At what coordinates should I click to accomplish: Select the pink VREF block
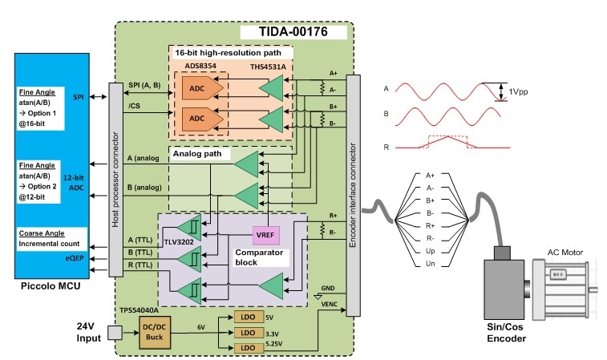pos(265,234)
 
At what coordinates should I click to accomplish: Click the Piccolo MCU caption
pos(52,285)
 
